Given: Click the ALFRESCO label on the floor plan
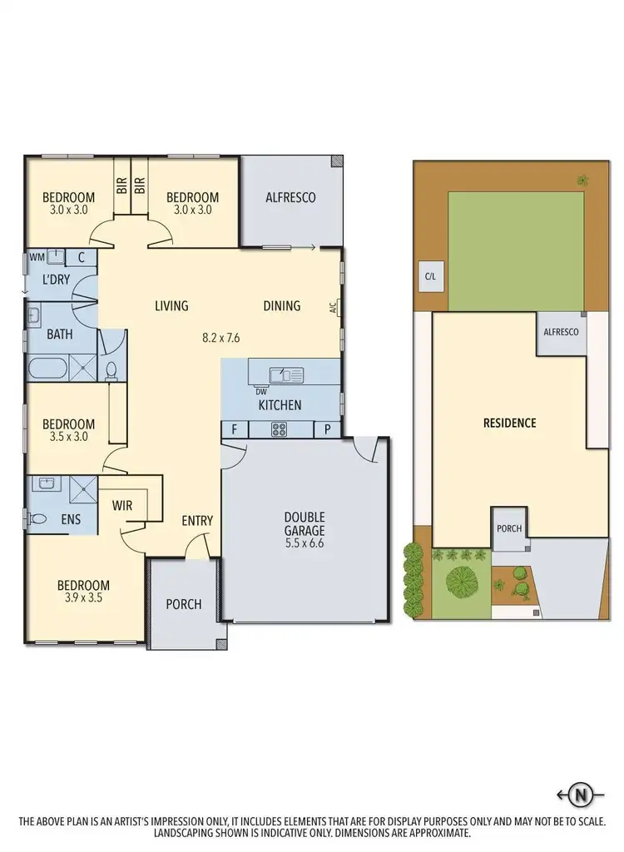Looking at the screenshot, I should (x=290, y=198).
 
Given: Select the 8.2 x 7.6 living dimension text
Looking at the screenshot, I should (x=227, y=338).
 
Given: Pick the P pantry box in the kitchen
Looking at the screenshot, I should (x=327, y=429).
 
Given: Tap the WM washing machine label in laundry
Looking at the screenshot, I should (x=36, y=257).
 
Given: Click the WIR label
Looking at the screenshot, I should (x=123, y=504).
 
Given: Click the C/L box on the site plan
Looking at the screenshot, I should (x=430, y=276).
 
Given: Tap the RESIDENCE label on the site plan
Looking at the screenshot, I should (x=509, y=423).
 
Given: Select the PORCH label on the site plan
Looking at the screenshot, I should (x=508, y=529).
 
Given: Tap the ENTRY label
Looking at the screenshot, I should (x=197, y=521).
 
